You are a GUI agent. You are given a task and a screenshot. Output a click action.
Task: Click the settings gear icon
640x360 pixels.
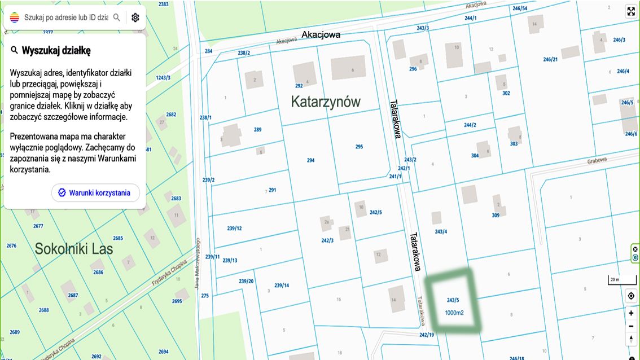point(135,17)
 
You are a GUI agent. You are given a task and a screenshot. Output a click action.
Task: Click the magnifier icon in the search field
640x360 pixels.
point(117,17)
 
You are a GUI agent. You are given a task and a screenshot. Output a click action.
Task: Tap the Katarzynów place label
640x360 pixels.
point(326,102)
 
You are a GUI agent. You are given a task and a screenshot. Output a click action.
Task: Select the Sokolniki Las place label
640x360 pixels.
point(74,249)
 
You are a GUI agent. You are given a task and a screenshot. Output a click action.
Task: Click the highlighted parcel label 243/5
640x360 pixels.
point(453,300)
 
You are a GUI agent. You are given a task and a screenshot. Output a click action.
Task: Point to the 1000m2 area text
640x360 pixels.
point(454,313)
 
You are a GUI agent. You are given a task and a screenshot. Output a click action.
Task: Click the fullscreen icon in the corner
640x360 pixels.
point(631,11)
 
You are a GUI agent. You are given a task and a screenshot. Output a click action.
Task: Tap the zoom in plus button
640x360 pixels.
point(631,313)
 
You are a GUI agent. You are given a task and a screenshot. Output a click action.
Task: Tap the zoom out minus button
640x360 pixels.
point(631,326)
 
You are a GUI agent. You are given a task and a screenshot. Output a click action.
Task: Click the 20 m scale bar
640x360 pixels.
point(614,280)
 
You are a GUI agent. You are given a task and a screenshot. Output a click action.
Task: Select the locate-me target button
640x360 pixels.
point(631,296)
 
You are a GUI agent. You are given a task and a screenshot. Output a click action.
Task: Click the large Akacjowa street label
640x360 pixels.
point(321,34)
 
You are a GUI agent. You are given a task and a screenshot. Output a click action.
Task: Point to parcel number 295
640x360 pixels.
point(359,147)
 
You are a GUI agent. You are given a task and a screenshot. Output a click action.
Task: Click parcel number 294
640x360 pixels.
point(310,160)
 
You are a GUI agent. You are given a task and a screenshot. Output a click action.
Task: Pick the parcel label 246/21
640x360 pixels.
point(550,59)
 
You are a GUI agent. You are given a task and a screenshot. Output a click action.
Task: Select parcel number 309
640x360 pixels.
point(496,215)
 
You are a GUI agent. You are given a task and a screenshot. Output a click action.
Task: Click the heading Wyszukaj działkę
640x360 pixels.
point(56,50)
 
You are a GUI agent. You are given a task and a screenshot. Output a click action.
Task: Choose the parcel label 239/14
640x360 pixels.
point(282,286)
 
